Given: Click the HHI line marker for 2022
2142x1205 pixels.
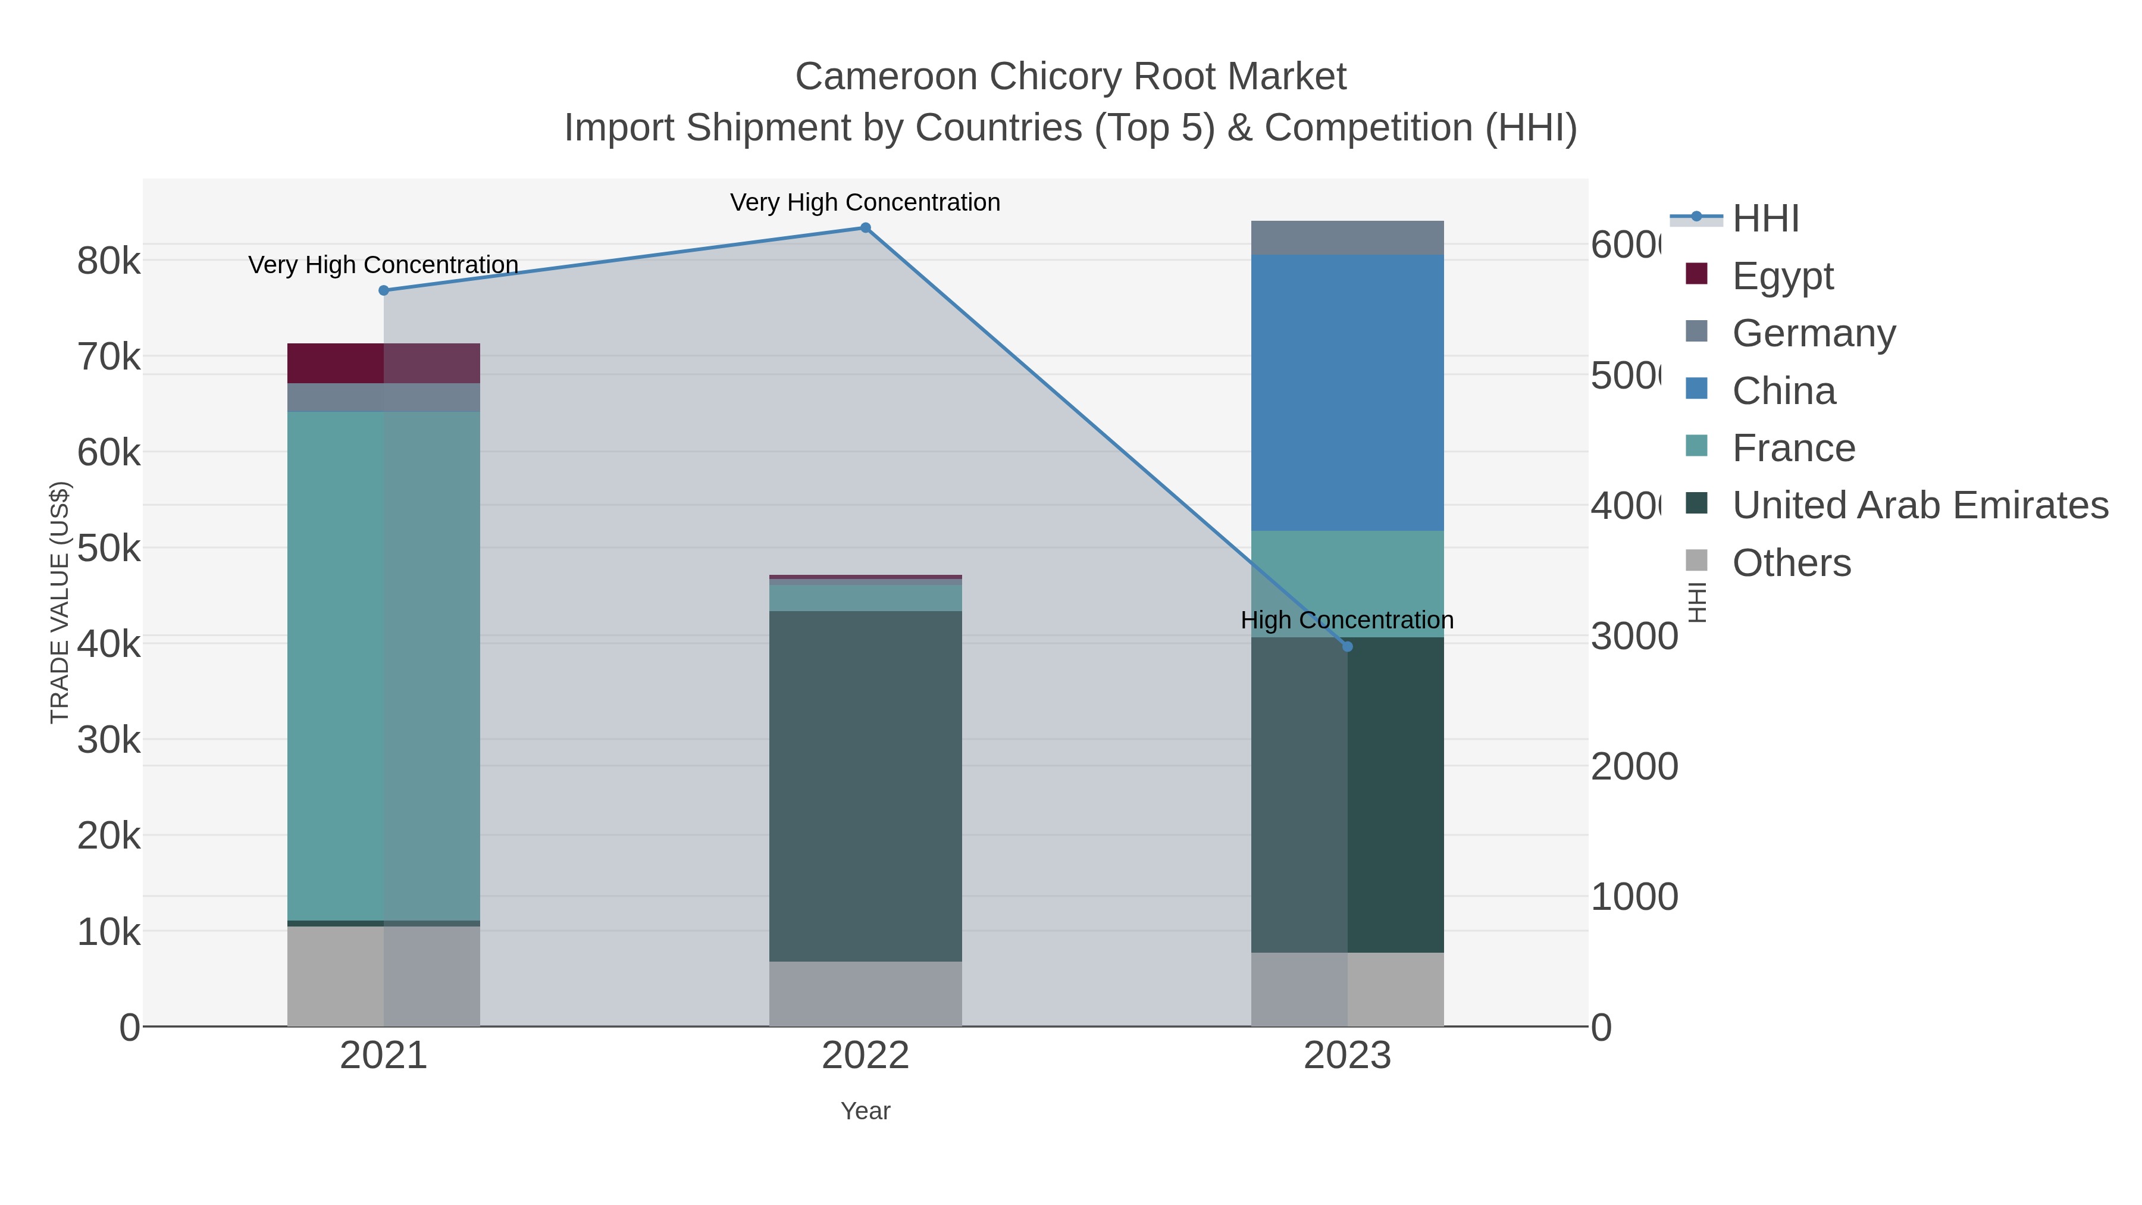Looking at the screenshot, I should tap(865, 228).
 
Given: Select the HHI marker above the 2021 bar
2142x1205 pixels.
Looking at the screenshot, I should tap(383, 290).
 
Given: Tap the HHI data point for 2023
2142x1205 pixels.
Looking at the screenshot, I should tap(1347, 646).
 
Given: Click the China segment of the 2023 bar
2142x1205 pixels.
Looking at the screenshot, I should tap(1347, 393).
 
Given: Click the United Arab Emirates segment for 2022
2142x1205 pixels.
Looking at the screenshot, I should tap(865, 786).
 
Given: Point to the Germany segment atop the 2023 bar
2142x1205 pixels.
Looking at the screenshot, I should tap(1347, 238).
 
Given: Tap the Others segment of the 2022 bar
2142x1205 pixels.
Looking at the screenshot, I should tap(865, 994).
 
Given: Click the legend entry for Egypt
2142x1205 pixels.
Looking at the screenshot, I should tap(1782, 276).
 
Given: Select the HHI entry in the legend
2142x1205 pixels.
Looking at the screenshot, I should tap(1765, 219).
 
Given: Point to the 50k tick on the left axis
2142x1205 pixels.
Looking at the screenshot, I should tap(109, 548).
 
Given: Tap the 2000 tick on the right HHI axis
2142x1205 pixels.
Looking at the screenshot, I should tap(1634, 767).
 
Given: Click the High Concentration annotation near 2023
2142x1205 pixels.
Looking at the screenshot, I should tap(1347, 621).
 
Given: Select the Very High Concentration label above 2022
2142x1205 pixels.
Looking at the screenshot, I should tap(865, 203).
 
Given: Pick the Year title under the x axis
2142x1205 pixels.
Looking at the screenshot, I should tap(865, 1111).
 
